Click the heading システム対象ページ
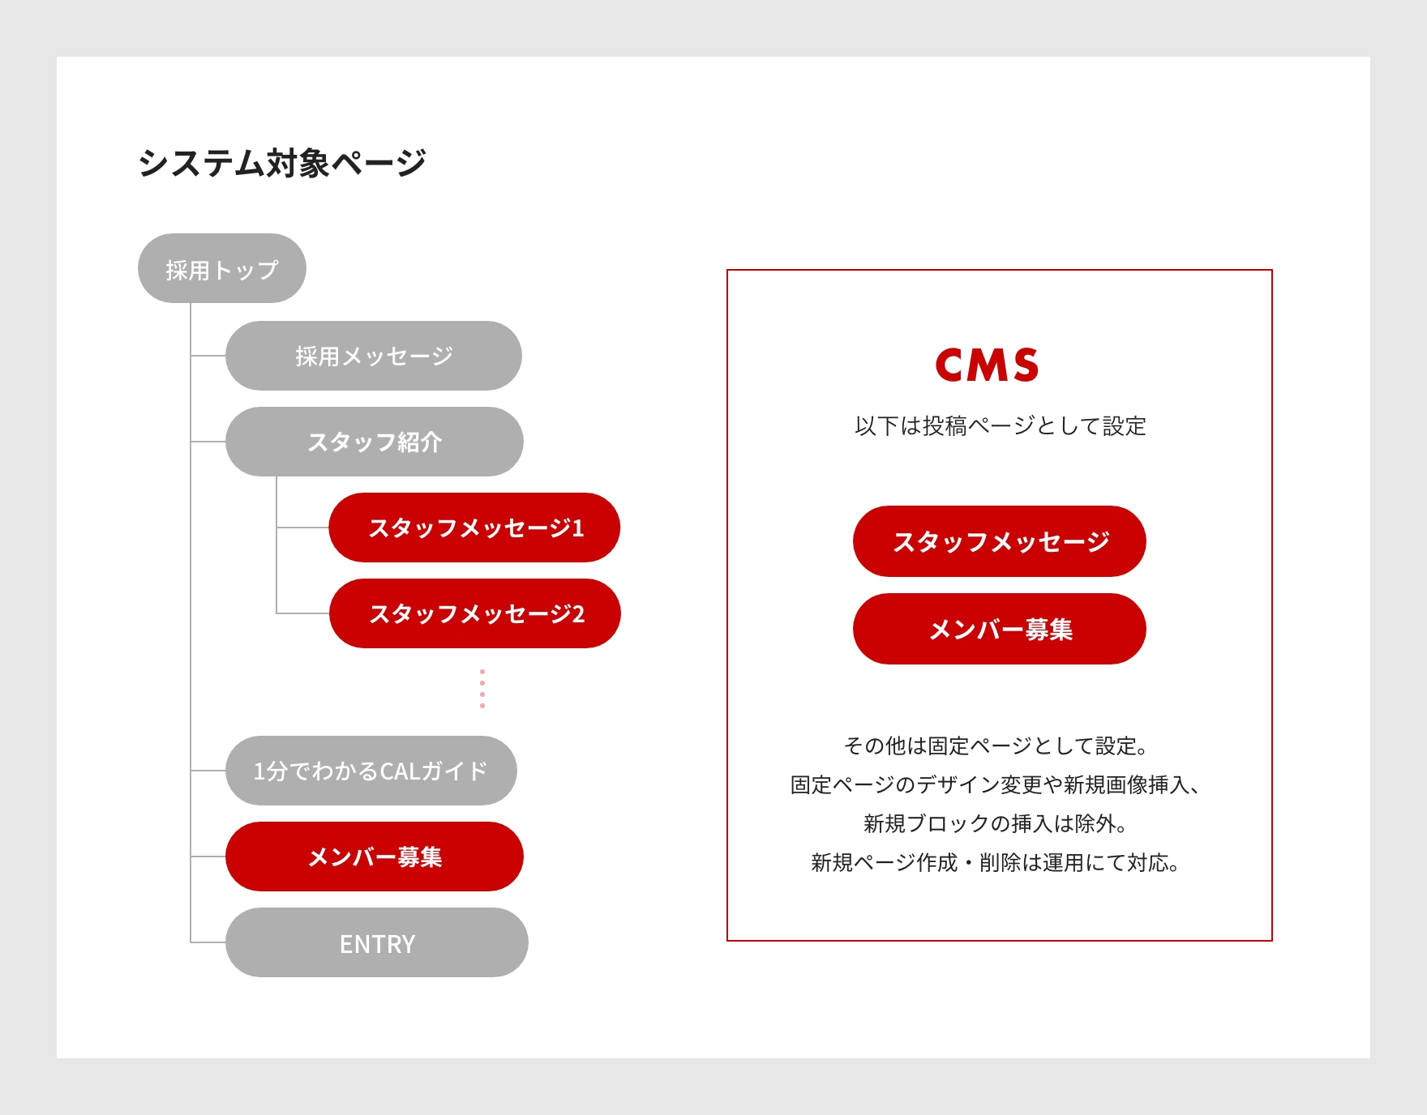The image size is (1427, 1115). [281, 163]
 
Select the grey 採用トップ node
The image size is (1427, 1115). [222, 268]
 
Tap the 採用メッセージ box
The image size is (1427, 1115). [374, 356]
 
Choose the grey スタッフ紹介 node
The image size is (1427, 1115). [375, 442]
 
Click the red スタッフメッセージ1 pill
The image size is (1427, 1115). [475, 528]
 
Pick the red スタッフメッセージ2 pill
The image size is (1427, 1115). [475, 613]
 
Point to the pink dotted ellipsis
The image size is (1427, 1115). [482, 689]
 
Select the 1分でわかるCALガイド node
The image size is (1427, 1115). [371, 771]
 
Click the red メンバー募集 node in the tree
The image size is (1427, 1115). [375, 857]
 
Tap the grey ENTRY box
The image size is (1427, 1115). [377, 942]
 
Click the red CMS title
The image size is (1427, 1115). [987, 365]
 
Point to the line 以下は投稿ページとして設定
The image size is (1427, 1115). [1001, 425]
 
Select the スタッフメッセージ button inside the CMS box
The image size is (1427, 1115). [1000, 541]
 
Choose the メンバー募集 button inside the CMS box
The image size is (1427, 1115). [1000, 629]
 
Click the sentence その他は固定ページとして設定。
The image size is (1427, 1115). [996, 745]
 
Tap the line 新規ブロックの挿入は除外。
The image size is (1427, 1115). [996, 823]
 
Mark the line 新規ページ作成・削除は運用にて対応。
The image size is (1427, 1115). [996, 862]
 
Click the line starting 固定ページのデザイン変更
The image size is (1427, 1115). [996, 784]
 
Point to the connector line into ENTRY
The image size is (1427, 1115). [208, 942]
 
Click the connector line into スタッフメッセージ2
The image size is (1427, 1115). [303, 613]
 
